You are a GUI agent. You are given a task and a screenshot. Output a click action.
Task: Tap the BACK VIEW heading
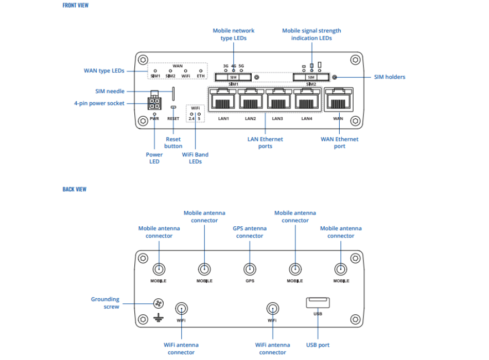[74, 189]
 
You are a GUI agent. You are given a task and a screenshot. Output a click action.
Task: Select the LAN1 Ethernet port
[222, 99]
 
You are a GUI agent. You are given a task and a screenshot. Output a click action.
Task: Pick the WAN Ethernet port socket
[339, 99]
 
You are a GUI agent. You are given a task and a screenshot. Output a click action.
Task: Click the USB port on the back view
[318, 303]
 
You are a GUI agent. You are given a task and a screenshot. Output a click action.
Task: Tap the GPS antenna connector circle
[250, 269]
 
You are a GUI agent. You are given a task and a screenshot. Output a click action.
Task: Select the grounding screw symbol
[158, 303]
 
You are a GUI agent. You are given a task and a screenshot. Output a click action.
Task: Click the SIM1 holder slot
[233, 77]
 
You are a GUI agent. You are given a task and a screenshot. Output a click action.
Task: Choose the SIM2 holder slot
[311, 77]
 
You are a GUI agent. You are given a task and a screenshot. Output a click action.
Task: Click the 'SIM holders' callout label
[389, 77]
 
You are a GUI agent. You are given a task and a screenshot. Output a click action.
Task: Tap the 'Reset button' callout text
[173, 142]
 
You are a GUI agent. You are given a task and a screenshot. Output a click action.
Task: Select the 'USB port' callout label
[318, 345]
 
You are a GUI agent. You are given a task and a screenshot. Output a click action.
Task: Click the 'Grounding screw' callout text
[105, 303]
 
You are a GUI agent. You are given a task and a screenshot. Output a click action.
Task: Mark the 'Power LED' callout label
[154, 158]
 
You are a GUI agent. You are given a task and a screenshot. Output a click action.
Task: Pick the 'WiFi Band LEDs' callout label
[195, 158]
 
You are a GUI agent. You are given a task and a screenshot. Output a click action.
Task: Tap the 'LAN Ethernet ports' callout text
[266, 142]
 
